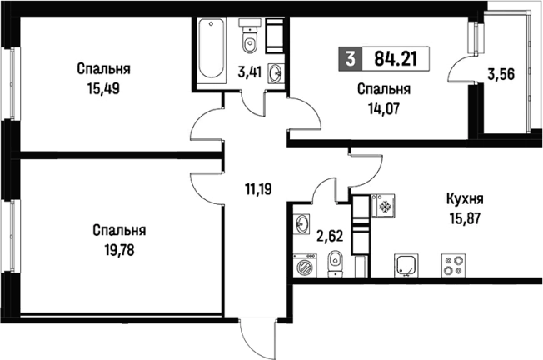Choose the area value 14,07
385,106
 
